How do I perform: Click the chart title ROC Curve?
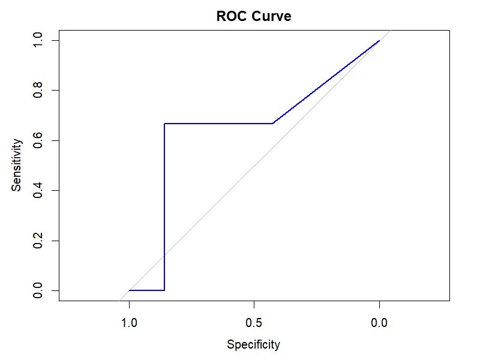[254, 17]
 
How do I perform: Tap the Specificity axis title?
[253, 344]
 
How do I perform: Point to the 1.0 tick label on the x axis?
[129, 323]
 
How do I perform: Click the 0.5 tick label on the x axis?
[254, 323]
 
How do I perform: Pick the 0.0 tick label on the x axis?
[379, 323]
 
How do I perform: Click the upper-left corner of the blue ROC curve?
[164, 124]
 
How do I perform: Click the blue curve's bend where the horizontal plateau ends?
[272, 124]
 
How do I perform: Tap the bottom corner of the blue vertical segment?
[164, 290]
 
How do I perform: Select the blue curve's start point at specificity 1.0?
[129, 290]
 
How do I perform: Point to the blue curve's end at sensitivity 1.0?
[379, 41]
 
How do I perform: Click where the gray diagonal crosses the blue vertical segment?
[164, 255]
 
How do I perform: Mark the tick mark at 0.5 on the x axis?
[254, 304]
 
